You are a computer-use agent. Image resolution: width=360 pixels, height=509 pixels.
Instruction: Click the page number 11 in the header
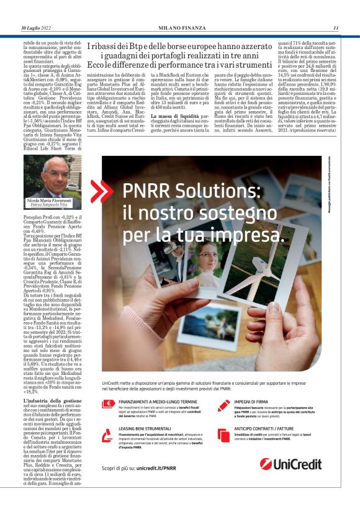click(x=336, y=28)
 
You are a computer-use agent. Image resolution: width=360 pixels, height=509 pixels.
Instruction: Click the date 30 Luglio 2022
click(x=38, y=28)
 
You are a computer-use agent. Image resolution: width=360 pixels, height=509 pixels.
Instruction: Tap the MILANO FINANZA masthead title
click(x=180, y=28)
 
